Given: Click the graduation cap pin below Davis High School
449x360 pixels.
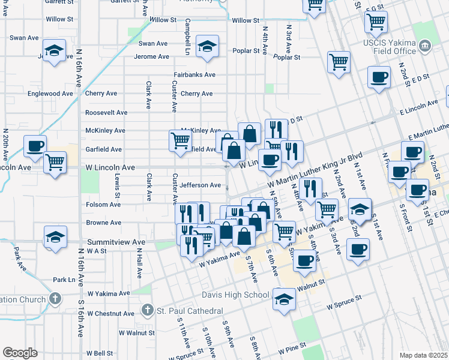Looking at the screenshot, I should click(x=285, y=300).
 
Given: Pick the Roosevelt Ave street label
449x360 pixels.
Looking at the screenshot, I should click(x=106, y=112).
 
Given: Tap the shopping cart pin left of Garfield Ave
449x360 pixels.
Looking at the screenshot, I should click(x=180, y=141).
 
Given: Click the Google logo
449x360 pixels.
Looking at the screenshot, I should click(x=20, y=353).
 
